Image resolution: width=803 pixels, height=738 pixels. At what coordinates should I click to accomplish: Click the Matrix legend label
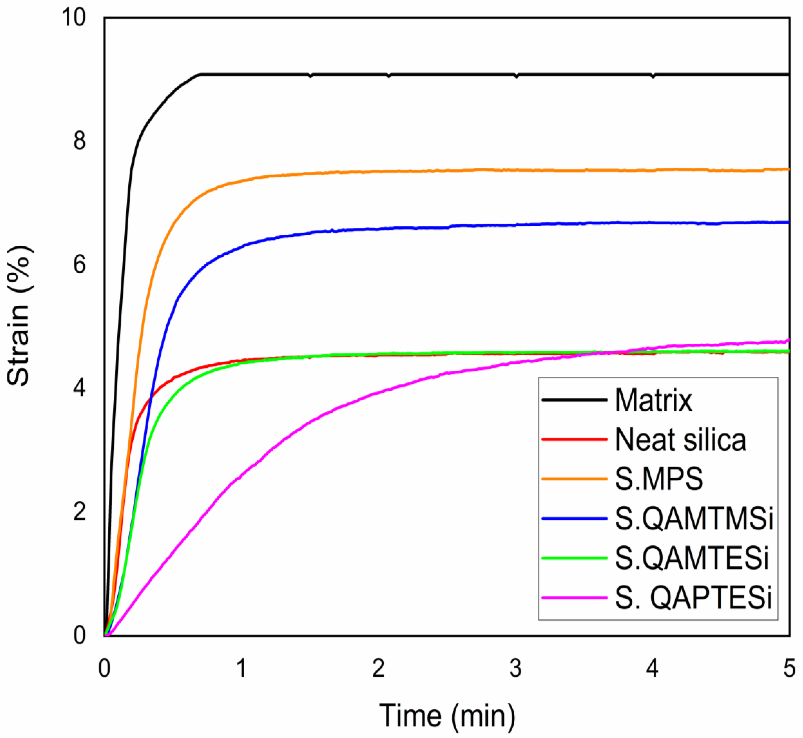pos(653,400)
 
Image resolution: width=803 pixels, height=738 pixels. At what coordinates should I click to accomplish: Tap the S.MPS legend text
pos(659,479)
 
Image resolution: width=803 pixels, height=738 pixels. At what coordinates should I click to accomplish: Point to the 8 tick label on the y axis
pos(80,141)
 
